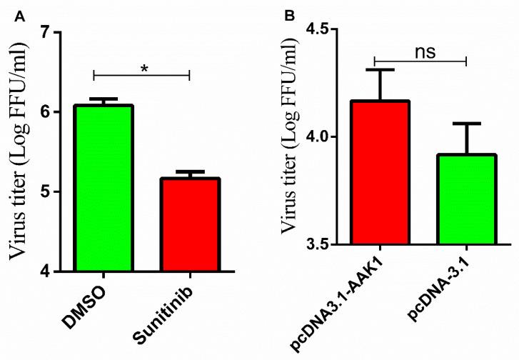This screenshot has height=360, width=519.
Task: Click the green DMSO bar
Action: pyautogui.click(x=104, y=189)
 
